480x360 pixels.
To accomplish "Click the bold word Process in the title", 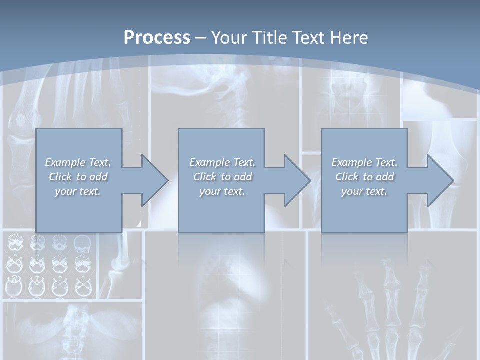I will click(x=157, y=38).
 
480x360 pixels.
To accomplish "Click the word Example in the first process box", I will click(x=65, y=162).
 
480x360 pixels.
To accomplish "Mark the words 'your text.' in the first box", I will click(x=78, y=191).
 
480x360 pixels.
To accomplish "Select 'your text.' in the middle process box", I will click(x=222, y=191).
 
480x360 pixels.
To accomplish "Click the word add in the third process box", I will click(x=385, y=177).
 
